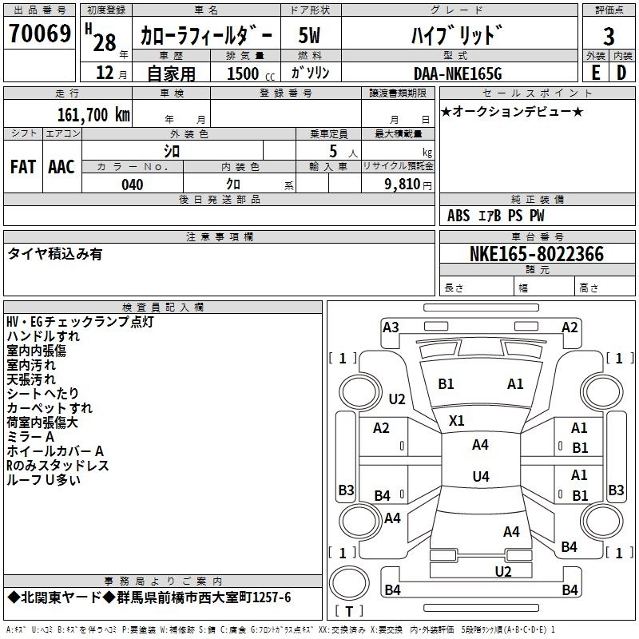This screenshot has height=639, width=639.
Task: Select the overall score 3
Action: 609,36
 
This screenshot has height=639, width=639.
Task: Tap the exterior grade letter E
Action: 595,73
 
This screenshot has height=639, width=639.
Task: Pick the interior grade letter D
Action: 621,73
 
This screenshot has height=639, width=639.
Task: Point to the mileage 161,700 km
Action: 93,114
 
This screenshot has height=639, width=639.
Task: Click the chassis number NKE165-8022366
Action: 537,254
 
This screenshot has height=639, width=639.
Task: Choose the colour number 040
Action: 133,185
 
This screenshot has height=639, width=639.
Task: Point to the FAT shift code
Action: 22,166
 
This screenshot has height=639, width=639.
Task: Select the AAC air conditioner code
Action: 62,166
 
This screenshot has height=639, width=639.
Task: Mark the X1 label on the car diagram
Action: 457,420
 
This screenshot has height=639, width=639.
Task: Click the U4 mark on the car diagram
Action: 480,476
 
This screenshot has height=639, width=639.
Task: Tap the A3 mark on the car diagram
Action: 391,327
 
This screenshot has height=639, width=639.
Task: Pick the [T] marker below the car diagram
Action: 348,612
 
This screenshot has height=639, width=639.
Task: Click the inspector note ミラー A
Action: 30,437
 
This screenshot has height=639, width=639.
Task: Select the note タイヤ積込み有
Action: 54,254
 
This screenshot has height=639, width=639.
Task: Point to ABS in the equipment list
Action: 458,215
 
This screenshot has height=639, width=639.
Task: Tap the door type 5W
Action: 312,36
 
